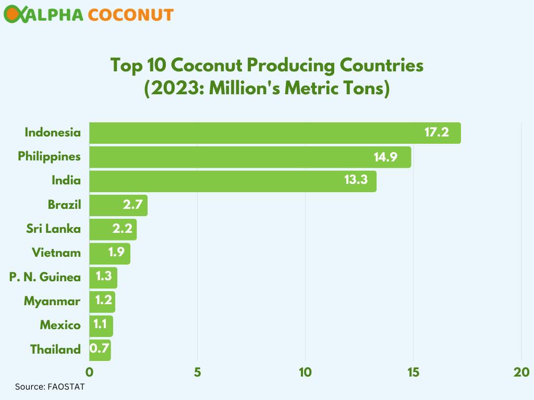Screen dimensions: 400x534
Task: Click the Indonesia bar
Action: click(x=275, y=133)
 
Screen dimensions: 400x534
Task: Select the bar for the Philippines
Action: click(x=250, y=157)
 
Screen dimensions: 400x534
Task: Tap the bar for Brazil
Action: click(x=118, y=205)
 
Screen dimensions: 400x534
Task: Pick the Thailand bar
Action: click(x=100, y=349)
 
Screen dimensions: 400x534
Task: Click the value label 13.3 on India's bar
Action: click(x=356, y=181)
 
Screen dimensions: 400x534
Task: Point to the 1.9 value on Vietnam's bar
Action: click(x=116, y=253)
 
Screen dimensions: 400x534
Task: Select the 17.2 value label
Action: click(x=436, y=132)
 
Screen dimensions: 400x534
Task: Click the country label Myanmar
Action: click(x=52, y=301)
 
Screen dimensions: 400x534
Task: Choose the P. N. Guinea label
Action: click(x=45, y=277)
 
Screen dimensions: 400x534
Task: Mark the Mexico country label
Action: click(x=60, y=326)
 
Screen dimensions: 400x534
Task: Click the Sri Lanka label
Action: click(x=54, y=229)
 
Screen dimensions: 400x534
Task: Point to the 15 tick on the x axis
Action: click(x=414, y=372)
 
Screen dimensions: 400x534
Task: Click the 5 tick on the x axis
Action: click(x=197, y=372)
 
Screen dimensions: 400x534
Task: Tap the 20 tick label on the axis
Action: click(x=521, y=372)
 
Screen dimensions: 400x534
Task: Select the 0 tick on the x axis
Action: click(x=89, y=372)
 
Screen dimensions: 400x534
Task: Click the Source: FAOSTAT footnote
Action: click(x=50, y=387)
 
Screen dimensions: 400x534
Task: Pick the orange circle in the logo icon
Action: click(x=11, y=15)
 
